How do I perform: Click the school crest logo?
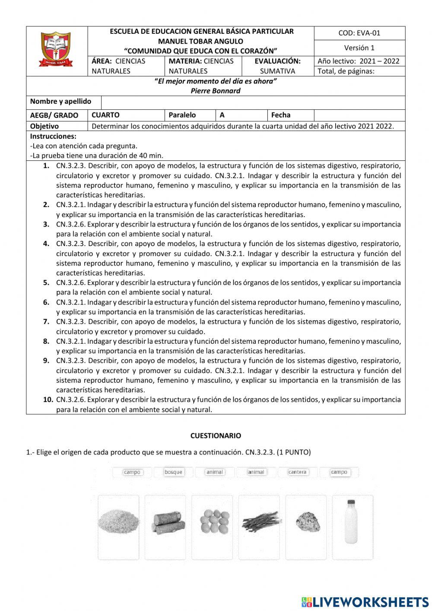tap(57, 49)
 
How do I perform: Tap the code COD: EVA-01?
tap(359, 33)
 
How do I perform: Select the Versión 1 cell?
tap(359, 48)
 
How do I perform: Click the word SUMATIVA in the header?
tap(277, 71)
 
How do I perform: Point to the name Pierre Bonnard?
tap(215, 91)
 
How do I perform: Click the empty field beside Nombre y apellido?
tap(253, 102)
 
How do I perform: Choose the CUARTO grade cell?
tap(105, 115)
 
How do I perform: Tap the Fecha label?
tap(281, 115)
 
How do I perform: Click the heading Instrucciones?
tap(53, 136)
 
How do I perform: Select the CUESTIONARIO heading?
tap(216, 436)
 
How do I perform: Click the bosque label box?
tap(173, 472)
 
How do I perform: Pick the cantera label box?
tap(297, 472)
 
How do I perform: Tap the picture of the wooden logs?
tap(168, 522)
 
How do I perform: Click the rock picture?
tap(308, 522)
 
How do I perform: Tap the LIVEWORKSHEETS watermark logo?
tap(365, 601)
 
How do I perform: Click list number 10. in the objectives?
tap(48, 400)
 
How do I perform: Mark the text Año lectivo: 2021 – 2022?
tap(359, 61)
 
